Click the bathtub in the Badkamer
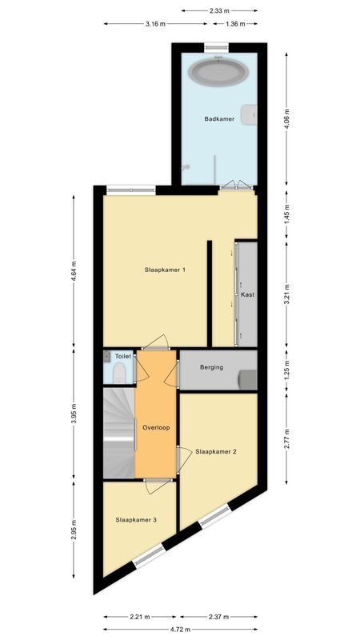point(218,73)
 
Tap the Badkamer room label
point(218,119)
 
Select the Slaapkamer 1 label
point(165,270)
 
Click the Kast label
point(247,295)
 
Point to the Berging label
point(212,368)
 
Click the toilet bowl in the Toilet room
point(118,373)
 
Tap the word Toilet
point(122,356)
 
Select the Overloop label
point(156,428)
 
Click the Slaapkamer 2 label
point(216,451)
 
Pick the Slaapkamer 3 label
point(134,520)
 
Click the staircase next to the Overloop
point(118,432)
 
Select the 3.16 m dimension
point(156,23)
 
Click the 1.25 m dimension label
point(288,370)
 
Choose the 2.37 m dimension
point(218,617)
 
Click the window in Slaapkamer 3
point(148,558)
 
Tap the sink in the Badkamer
point(253,114)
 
